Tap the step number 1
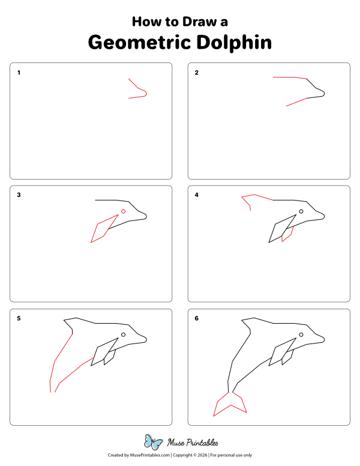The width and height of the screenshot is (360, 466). click(x=19, y=73)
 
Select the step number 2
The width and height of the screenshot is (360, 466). click(x=197, y=73)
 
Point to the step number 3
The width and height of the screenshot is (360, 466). click(x=19, y=195)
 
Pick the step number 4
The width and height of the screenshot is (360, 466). click(x=197, y=195)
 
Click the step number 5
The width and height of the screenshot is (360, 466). click(x=19, y=318)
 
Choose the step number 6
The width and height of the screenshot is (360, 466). click(x=197, y=318)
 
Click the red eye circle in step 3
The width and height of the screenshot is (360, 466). click(x=123, y=211)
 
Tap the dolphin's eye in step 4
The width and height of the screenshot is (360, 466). click(x=301, y=211)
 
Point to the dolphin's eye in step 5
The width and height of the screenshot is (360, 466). click(x=123, y=334)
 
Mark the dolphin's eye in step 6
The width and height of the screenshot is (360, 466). click(x=301, y=334)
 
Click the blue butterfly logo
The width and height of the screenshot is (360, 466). click(x=154, y=443)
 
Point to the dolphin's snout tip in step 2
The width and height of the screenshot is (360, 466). click(x=324, y=93)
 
